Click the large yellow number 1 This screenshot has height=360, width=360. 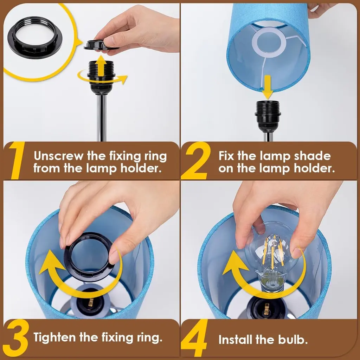tap(17, 160)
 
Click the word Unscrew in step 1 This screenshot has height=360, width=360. tap(58, 156)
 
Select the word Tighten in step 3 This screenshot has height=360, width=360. tap(55, 337)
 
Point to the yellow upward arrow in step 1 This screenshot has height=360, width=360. tap(101, 66)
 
